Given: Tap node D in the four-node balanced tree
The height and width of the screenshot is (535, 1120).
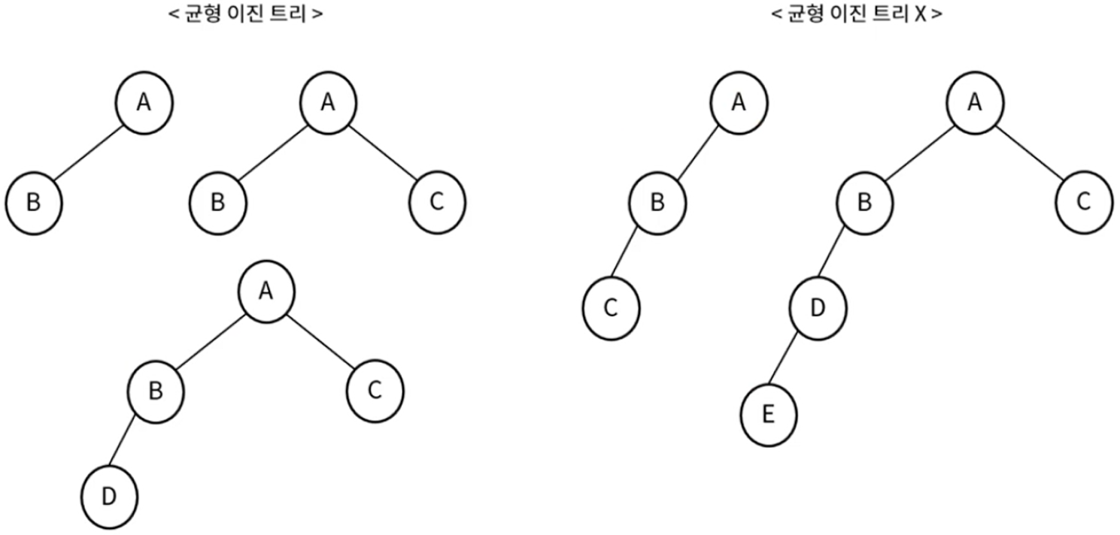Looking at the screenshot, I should point(110,497).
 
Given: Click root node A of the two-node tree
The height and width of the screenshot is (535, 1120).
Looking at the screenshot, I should point(144,102).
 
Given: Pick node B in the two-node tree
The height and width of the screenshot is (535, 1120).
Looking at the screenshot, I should point(33,203).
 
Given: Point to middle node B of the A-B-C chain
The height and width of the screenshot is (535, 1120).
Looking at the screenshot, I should point(657,203).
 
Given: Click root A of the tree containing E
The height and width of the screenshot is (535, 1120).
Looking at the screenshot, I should point(975,102).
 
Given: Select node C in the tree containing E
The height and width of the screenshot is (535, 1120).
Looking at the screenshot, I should point(1084,203).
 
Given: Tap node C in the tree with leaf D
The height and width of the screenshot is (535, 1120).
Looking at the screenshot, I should point(375,390).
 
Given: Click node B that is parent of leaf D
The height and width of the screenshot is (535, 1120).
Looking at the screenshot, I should point(155,390).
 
